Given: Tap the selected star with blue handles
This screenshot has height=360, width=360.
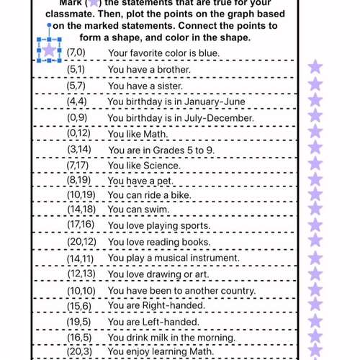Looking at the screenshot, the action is point(48,50).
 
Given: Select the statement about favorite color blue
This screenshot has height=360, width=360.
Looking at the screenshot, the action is point(163,53).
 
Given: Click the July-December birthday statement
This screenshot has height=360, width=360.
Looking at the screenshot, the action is point(180,117).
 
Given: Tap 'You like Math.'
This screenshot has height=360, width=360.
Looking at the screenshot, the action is point(138,133).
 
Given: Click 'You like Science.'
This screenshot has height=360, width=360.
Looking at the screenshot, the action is point(144,166).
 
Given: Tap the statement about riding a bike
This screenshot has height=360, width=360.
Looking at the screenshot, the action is point(150,194).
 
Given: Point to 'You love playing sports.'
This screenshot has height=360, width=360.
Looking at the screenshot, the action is point(159,226).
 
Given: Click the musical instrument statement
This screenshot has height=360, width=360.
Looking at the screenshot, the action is point(174,258).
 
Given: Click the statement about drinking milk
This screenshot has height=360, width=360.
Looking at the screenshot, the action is point(171,337).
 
